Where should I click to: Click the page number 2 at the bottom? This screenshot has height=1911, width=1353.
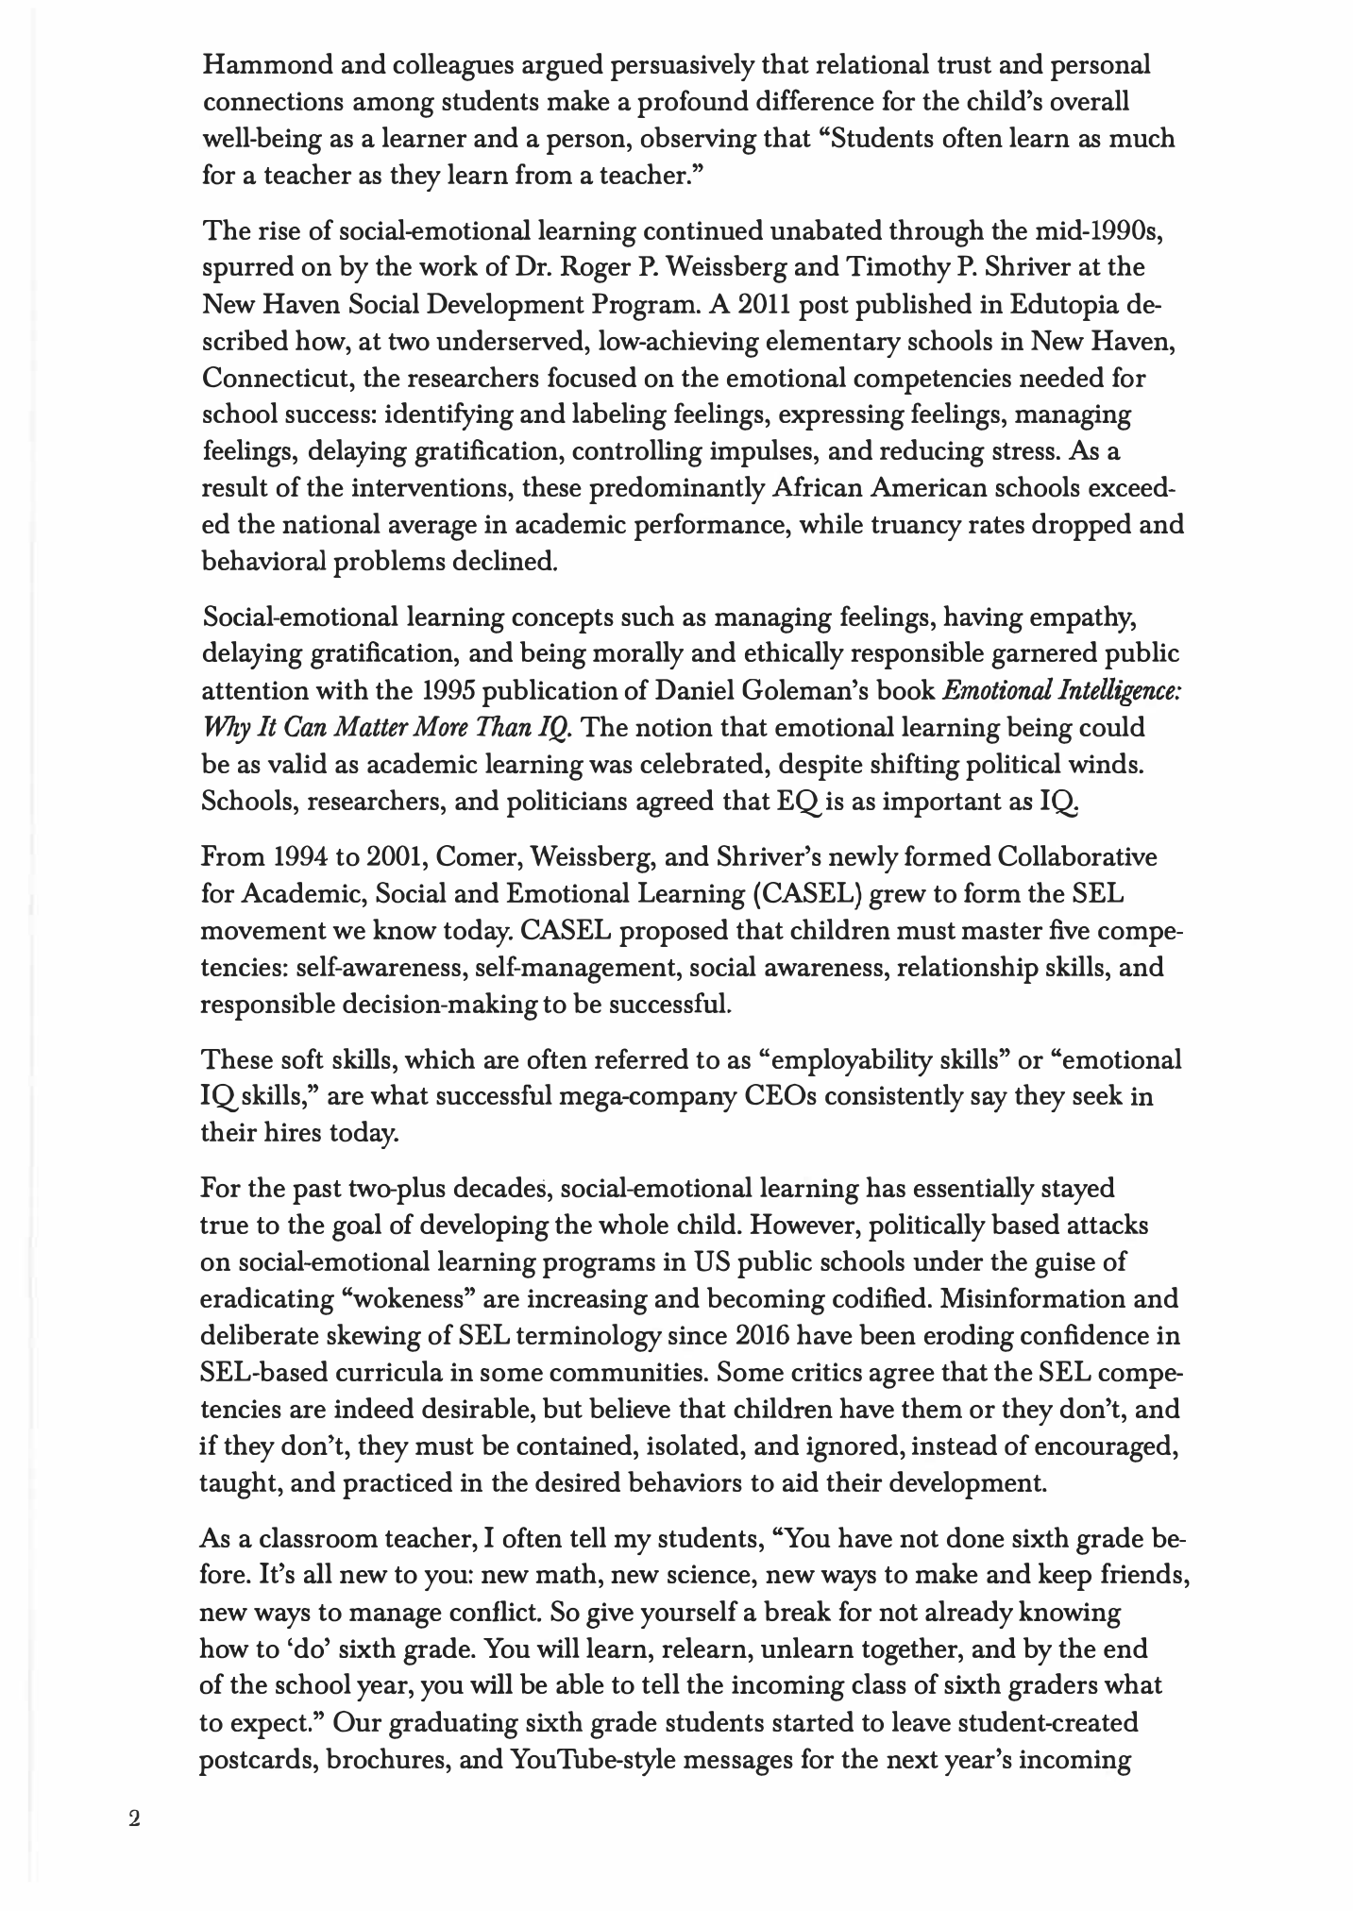(x=134, y=1819)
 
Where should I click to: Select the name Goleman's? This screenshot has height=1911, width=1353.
(x=810, y=691)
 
